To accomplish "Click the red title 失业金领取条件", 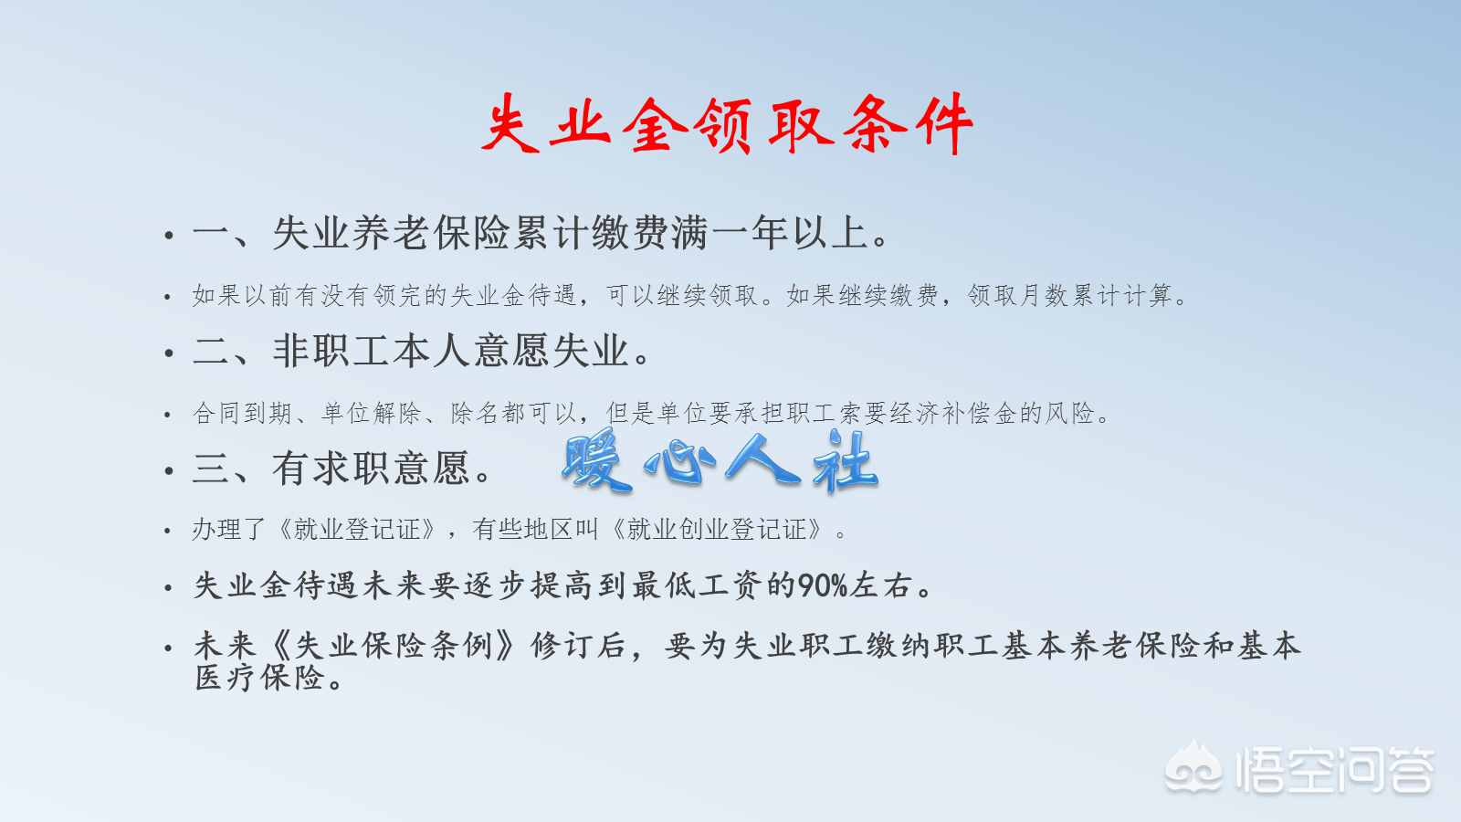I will (727, 125).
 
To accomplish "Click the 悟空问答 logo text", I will (1334, 772).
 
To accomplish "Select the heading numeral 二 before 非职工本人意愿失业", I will (211, 352).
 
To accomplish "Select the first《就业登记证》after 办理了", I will (357, 529).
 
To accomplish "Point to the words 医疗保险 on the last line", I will (261, 677).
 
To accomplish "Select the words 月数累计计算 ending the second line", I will (1096, 296).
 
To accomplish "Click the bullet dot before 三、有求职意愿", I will (168, 471).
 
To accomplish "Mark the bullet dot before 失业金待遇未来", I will (168, 588).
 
